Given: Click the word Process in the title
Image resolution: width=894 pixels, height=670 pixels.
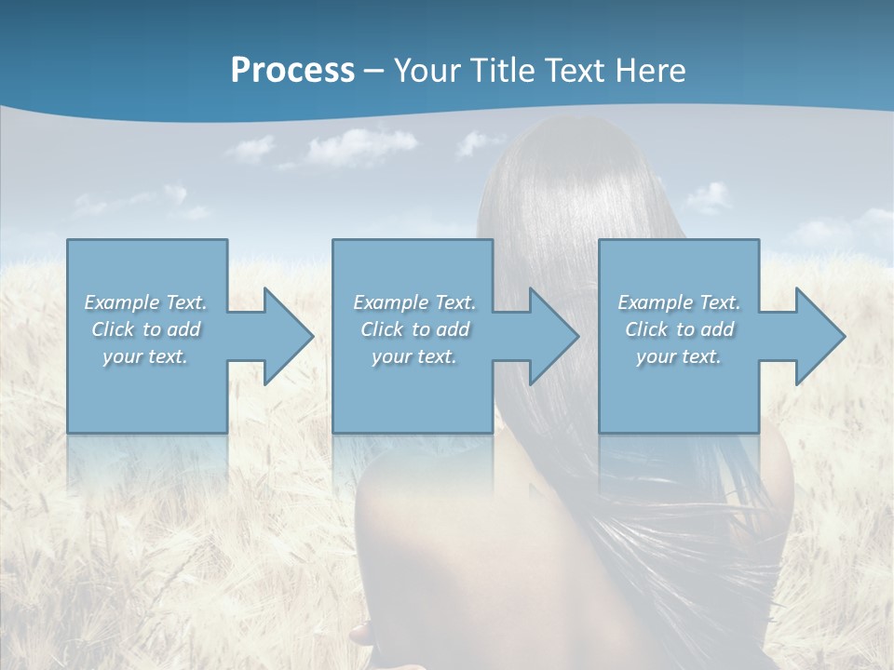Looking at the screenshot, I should (x=292, y=71).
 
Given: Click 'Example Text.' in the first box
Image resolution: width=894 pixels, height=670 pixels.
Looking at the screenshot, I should (x=146, y=302).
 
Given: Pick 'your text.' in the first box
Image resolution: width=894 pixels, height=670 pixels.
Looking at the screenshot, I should (x=146, y=356).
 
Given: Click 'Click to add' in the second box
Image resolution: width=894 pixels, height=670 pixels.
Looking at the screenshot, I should (x=413, y=329).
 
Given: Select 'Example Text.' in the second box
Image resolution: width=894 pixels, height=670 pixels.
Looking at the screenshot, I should (x=413, y=302).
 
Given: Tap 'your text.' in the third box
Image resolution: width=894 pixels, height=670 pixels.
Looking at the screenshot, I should (x=679, y=356).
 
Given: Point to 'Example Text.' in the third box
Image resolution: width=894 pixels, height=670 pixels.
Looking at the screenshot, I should (x=679, y=302).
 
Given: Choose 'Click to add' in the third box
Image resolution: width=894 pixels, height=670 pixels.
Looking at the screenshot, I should (x=679, y=329).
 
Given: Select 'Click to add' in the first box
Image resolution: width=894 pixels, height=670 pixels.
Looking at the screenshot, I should (x=146, y=329).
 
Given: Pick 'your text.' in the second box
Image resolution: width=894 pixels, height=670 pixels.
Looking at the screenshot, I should (x=413, y=356).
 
